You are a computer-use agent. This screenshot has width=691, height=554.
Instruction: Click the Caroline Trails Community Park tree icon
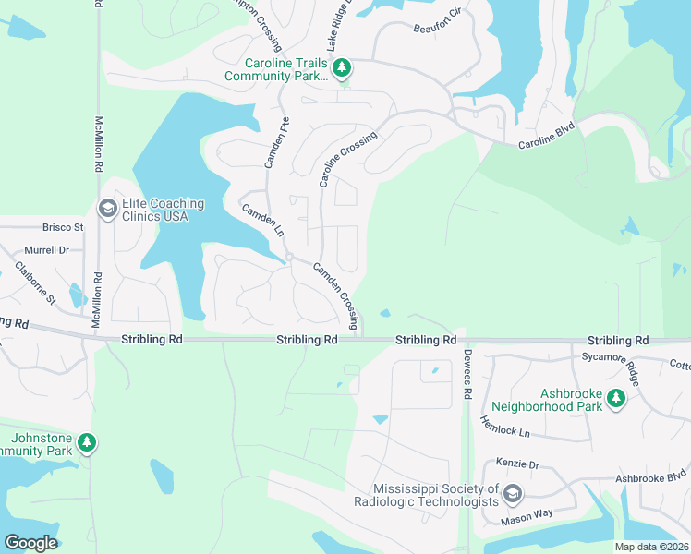[x=342, y=67]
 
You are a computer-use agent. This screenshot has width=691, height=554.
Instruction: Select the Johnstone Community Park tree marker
[x=87, y=443]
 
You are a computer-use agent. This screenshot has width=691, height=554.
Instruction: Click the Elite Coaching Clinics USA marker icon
[x=107, y=210]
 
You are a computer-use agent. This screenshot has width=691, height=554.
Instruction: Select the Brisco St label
[x=63, y=227]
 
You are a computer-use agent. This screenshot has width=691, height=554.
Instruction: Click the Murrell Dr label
[x=46, y=250]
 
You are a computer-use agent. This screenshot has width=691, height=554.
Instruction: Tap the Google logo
[x=30, y=543]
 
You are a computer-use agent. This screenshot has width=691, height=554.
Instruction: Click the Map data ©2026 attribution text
[x=652, y=547]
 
